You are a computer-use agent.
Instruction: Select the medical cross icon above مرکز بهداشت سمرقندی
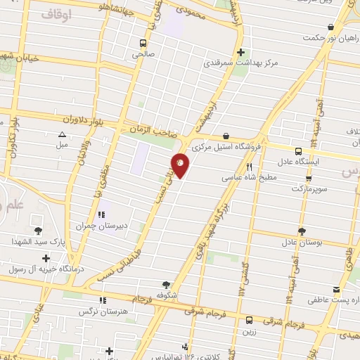click(241, 51)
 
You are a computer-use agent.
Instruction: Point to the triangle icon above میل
click(62, 134)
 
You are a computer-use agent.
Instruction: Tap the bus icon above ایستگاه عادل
click(298, 151)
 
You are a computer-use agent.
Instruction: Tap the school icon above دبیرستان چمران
click(104, 214)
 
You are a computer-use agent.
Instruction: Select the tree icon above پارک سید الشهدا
click(38, 230)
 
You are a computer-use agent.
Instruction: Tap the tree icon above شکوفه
click(166, 285)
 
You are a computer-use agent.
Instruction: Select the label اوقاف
click(57, 13)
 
